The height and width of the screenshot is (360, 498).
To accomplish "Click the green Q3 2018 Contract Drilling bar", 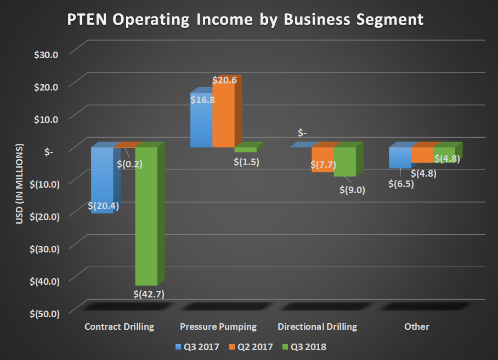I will point(146,220).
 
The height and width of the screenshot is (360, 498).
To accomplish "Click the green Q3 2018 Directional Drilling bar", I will point(345,162).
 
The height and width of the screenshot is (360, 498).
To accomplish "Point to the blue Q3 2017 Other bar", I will point(400,158).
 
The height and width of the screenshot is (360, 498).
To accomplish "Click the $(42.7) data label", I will point(149,294).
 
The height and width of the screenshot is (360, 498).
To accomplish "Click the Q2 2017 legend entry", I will point(250,346).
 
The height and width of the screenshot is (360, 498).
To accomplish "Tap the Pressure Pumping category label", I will point(218,327).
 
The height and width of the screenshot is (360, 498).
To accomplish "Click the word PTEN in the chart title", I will point(87,20).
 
